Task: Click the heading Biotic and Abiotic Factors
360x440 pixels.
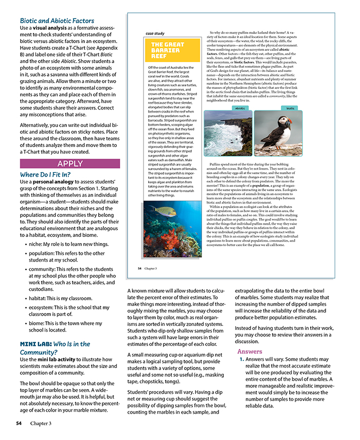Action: tap(53, 21)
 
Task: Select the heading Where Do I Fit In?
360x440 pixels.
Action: tap(45, 175)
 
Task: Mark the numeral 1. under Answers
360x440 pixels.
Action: tap(241, 359)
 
